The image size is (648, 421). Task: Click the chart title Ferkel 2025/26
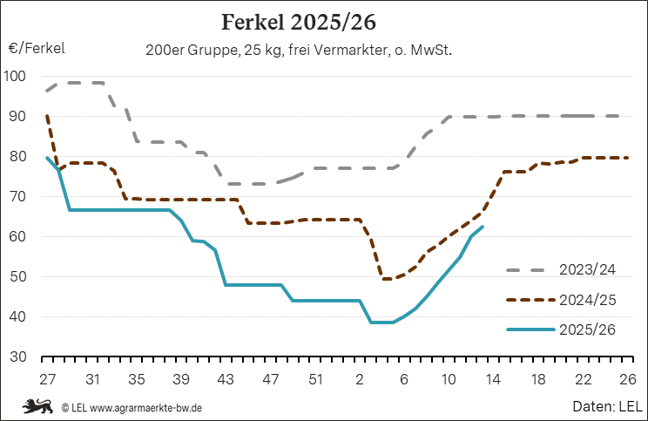click(323, 20)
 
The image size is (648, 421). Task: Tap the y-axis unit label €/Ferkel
click(37, 49)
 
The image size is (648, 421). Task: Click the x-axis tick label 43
click(226, 380)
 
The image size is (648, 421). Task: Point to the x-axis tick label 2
click(359, 380)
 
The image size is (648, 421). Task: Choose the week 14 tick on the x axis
click(492, 380)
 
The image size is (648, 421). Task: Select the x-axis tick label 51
click(314, 380)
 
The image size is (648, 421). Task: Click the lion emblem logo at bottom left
click(38, 405)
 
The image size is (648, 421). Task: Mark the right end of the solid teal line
click(483, 227)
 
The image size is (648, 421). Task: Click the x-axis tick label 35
click(137, 380)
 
